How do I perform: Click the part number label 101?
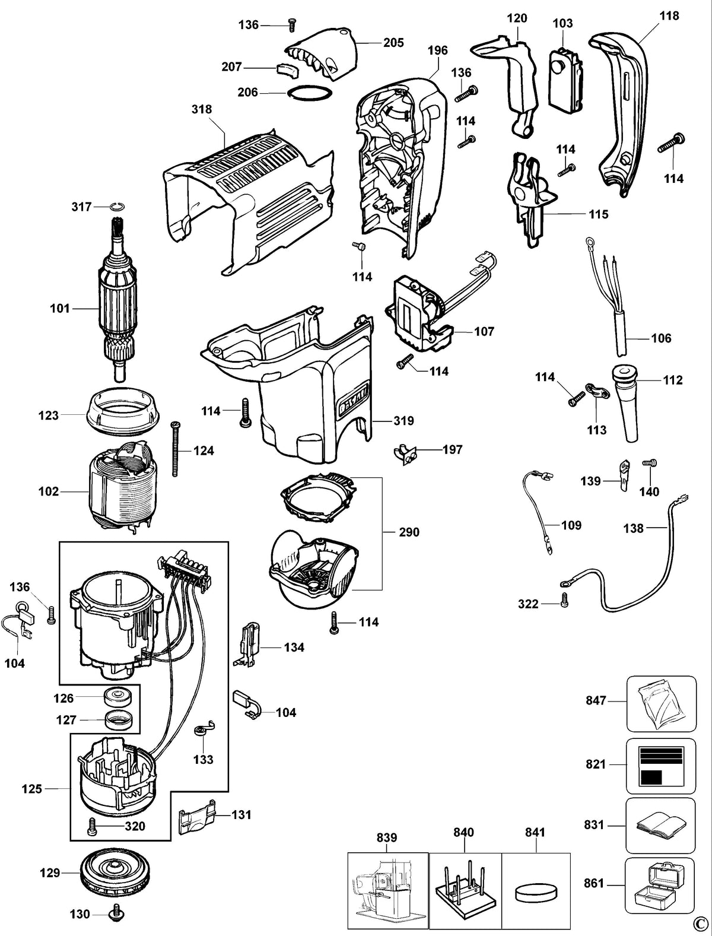click(60, 308)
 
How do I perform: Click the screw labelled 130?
click(116, 915)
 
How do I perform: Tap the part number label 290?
click(409, 532)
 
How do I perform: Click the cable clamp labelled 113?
click(595, 391)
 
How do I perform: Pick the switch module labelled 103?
click(565, 80)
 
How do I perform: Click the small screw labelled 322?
click(565, 600)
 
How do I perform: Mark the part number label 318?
click(202, 109)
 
